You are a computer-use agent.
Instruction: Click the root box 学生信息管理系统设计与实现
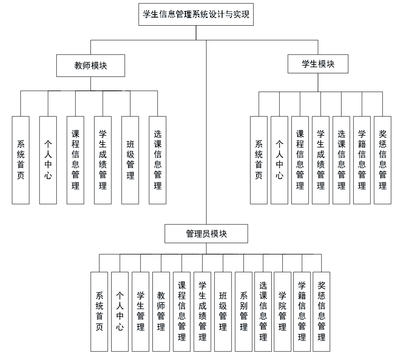[196, 15]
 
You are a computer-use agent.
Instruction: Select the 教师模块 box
[90, 66]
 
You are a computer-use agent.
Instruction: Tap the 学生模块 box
[318, 64]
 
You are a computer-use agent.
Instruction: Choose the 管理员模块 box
[206, 234]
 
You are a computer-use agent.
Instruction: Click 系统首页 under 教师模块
[20, 160]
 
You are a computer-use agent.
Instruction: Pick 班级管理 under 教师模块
[130, 160]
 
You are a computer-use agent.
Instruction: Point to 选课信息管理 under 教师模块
[157, 160]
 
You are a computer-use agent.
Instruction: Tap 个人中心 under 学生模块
[279, 160]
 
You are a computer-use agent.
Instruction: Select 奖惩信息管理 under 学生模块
[382, 160]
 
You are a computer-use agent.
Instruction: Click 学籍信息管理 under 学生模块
[362, 160]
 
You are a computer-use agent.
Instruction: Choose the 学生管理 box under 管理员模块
[141, 312]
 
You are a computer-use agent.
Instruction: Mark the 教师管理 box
[161, 312]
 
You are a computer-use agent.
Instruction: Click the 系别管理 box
[243, 312]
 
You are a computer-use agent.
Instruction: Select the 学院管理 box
[282, 312]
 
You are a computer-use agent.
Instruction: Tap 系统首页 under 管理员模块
[99, 312]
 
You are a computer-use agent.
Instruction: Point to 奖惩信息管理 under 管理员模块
[321, 312]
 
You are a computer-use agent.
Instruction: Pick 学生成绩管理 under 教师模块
[103, 160]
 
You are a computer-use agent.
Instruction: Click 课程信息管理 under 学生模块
[300, 160]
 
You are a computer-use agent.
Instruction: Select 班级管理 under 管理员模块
[223, 312]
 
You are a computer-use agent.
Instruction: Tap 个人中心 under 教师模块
[48, 160]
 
